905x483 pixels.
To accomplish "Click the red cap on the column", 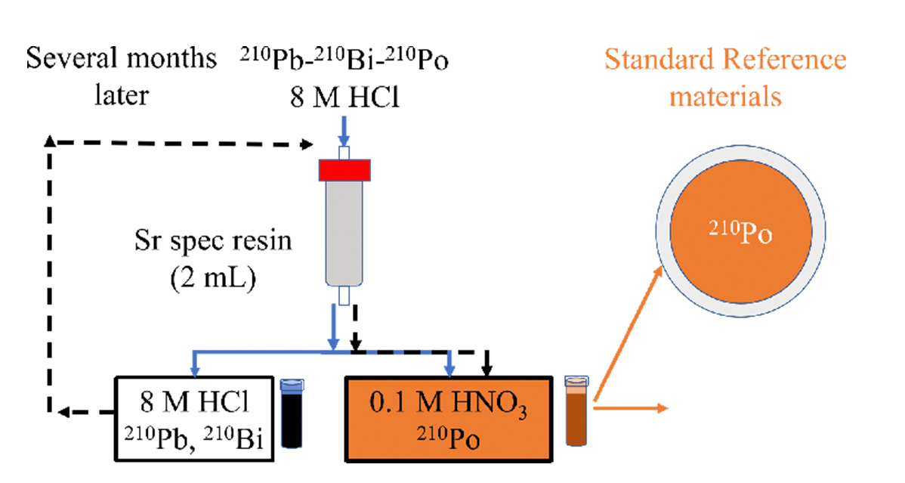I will click(344, 170).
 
